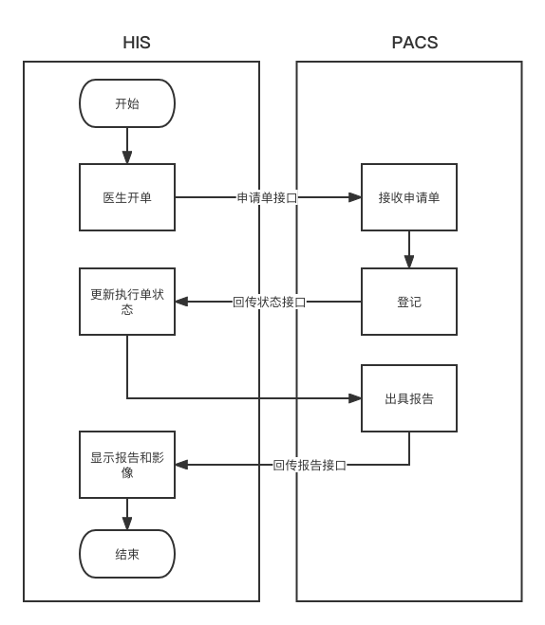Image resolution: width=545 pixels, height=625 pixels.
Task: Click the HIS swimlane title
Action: (137, 43)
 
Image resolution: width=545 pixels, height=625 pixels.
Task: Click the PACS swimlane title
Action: (414, 43)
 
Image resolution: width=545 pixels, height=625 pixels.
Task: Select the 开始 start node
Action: (127, 103)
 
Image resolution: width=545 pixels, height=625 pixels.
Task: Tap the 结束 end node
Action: (127, 554)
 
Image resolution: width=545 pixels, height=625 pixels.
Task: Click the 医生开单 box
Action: (127, 197)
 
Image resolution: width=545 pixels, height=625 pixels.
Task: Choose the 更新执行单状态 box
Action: (127, 302)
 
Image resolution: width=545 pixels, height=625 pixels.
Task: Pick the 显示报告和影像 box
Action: (127, 464)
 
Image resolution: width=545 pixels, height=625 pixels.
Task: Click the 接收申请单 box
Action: (408, 197)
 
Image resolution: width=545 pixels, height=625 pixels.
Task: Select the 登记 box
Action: (408, 302)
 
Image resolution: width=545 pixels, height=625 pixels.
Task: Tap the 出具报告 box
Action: (408, 398)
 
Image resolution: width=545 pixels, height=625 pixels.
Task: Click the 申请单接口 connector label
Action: (267, 197)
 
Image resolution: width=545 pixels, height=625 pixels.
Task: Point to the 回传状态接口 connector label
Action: (269, 302)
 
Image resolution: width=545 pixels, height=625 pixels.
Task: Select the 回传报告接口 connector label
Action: (309, 465)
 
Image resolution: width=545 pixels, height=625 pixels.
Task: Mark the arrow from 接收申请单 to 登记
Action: (409, 249)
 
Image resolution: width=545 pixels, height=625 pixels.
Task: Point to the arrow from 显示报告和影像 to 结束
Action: (127, 513)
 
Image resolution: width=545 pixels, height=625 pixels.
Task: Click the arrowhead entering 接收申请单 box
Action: (355, 197)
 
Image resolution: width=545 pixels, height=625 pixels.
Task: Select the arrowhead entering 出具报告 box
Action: (355, 398)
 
